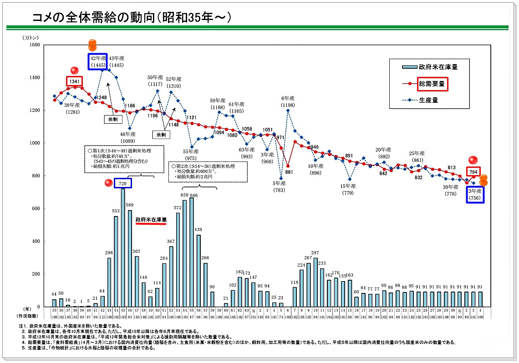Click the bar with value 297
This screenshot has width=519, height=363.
pos(315,282)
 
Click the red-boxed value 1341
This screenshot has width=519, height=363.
pos(75,82)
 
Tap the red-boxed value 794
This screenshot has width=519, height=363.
pos(473,172)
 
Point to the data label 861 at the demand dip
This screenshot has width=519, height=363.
pos(289,172)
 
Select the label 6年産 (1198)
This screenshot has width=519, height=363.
pos(288,101)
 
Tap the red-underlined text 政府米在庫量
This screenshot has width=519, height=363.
pos(151,219)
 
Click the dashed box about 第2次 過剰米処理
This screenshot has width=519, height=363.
pos(208,172)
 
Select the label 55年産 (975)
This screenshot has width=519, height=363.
pos(191,155)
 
